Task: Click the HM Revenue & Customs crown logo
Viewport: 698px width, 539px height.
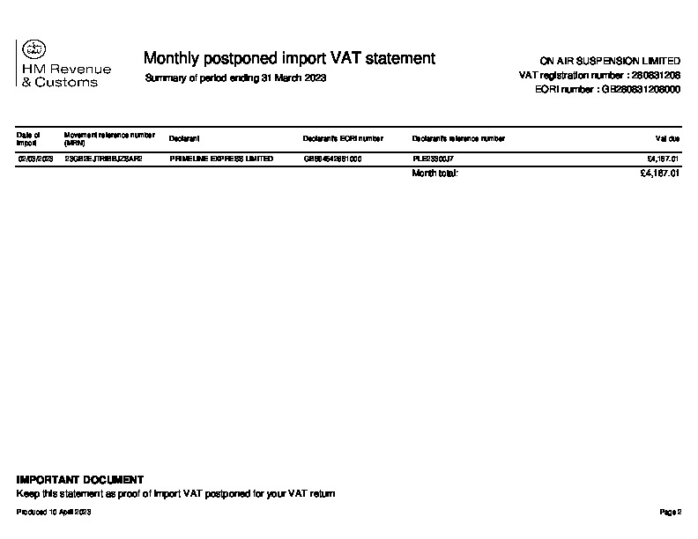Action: click(35, 50)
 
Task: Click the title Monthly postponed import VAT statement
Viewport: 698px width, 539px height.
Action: click(289, 58)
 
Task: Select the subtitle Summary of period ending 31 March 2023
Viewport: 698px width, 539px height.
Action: click(235, 78)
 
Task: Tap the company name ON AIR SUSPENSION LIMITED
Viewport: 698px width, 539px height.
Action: click(610, 62)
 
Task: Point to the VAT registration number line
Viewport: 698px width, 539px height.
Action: click(600, 76)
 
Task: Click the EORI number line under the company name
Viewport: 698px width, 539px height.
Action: click(607, 90)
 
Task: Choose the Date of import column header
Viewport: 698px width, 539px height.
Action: click(28, 138)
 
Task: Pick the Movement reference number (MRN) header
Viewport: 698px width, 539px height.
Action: click(109, 138)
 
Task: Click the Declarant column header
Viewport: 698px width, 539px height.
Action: click(184, 138)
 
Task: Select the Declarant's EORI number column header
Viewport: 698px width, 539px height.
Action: click(343, 138)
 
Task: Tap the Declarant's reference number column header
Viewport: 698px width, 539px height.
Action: click(458, 138)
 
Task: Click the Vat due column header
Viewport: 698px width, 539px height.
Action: click(667, 138)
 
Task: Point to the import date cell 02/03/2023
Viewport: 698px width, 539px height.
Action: click(35, 159)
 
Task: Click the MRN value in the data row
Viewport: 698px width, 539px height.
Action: click(103, 159)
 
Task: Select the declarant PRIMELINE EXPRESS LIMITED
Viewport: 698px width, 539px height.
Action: click(221, 159)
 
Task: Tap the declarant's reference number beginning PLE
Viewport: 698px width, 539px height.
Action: click(433, 159)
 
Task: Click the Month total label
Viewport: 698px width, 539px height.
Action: click(435, 174)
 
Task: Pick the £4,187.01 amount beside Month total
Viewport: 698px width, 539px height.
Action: click(660, 174)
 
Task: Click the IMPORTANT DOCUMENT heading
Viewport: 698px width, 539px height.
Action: click(80, 480)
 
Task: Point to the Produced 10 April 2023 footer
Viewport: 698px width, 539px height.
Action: click(54, 512)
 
